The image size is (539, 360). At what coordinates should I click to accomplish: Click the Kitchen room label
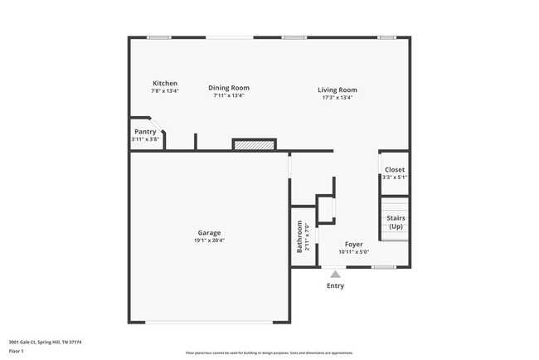[x=164, y=84]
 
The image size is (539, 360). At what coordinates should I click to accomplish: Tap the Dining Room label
[x=228, y=88]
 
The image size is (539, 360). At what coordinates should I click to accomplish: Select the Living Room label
[x=337, y=90]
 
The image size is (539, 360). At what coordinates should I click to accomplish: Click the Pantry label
[x=145, y=131]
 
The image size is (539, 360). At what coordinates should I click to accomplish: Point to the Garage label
[x=208, y=233]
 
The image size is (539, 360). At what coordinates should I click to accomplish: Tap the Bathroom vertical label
[x=300, y=236]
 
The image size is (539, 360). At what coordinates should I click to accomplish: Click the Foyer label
[x=353, y=245]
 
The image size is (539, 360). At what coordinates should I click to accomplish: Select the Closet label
[x=395, y=169]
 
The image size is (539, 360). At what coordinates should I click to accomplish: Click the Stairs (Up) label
[x=396, y=222]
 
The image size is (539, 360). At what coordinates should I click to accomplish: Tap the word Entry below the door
[x=335, y=286]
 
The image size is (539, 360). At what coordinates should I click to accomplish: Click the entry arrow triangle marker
[x=335, y=274]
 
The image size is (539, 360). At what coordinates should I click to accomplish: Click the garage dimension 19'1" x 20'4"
[x=209, y=241]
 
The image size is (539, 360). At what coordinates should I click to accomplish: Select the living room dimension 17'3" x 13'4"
[x=337, y=97]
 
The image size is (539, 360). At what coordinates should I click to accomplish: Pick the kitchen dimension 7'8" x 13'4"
[x=164, y=91]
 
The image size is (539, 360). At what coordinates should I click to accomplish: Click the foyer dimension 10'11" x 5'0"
[x=353, y=252]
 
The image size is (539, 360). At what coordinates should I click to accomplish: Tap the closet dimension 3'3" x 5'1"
[x=395, y=177]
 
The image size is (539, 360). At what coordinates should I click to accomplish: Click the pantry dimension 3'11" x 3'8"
[x=146, y=139]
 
